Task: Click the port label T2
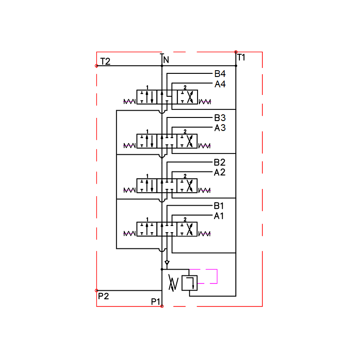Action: pyautogui.click(x=105, y=61)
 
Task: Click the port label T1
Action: pyautogui.click(x=242, y=57)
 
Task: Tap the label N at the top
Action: pyautogui.click(x=166, y=60)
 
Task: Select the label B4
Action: pyautogui.click(x=220, y=74)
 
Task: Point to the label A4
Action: pyautogui.click(x=220, y=84)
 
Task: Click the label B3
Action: pyautogui.click(x=220, y=118)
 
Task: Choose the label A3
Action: pyautogui.click(x=220, y=128)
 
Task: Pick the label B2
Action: pyautogui.click(x=220, y=162)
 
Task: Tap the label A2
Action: pyautogui.click(x=220, y=172)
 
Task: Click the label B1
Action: pyautogui.click(x=219, y=206)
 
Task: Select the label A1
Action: pyautogui.click(x=219, y=216)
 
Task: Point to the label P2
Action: pyautogui.click(x=103, y=296)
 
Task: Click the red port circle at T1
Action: pyautogui.click(x=236, y=52)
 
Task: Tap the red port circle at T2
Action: pyautogui.click(x=97, y=66)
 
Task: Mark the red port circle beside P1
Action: pyautogui.click(x=162, y=306)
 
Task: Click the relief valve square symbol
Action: pyautogui.click(x=189, y=283)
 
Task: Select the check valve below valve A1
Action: pyautogui.click(x=167, y=262)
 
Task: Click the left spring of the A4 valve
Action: pyautogui.click(x=130, y=101)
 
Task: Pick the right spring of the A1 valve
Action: pyautogui.click(x=205, y=234)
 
